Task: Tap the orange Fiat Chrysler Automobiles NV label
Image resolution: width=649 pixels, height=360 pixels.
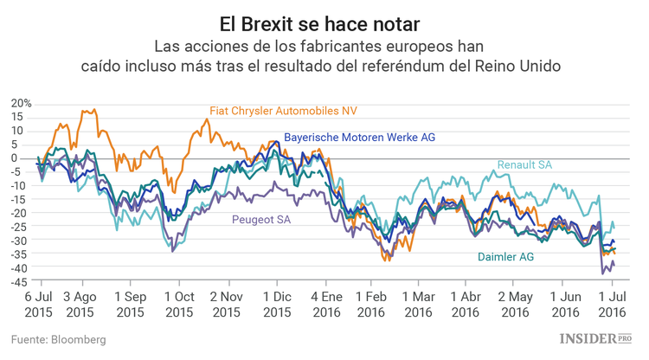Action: (284, 111)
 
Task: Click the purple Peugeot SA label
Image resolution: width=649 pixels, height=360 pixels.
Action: (260, 220)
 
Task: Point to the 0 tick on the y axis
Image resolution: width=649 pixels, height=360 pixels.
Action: (27, 157)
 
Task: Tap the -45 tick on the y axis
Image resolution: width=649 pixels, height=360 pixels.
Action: (22, 281)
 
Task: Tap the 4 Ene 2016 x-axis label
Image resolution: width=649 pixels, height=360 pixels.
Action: (325, 303)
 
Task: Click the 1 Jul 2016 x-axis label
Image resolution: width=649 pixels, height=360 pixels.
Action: (613, 303)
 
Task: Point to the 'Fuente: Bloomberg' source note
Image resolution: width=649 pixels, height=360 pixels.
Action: (59, 340)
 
